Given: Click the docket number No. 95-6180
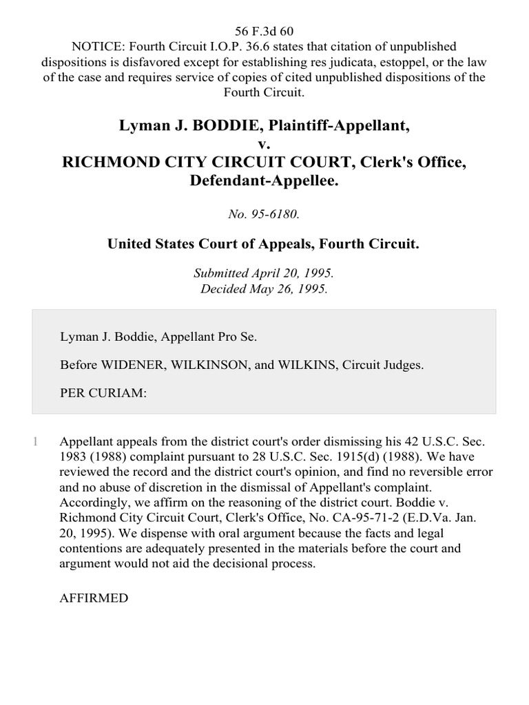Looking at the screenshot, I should tap(264, 214).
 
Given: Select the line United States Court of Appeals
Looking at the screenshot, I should tap(264, 244).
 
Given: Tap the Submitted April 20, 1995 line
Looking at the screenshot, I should tap(264, 273).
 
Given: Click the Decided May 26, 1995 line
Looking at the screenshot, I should tap(264, 288).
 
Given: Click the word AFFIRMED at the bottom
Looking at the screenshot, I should tap(94, 598).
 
